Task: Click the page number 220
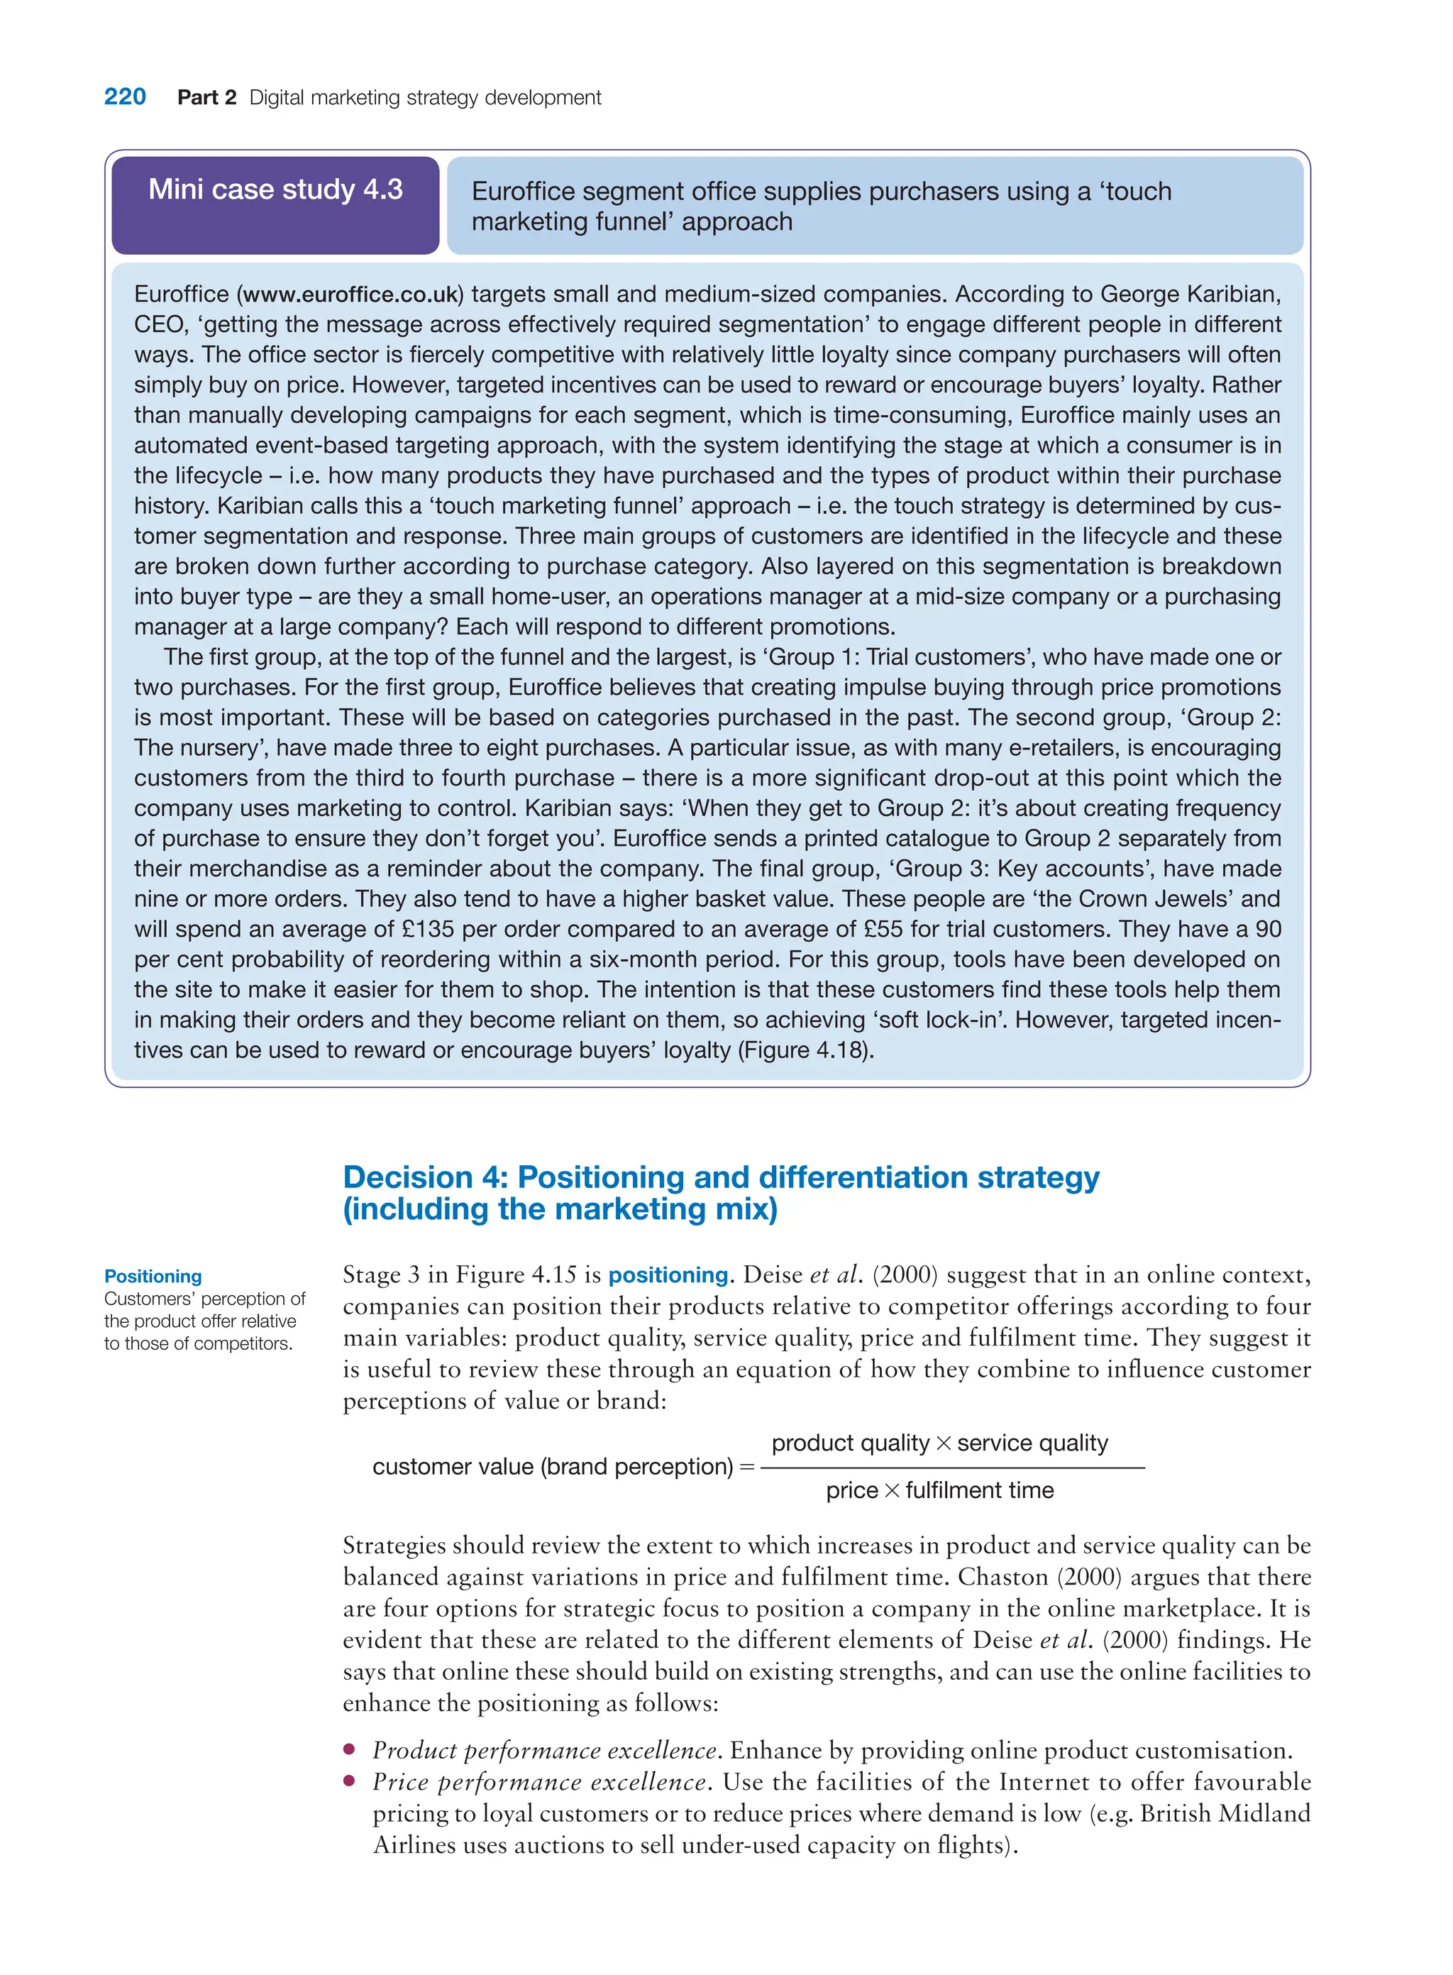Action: (x=125, y=97)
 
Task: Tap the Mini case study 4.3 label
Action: (x=275, y=189)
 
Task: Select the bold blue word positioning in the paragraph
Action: (x=668, y=1275)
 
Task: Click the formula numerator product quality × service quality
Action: (x=939, y=1443)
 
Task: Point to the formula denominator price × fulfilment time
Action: (x=939, y=1491)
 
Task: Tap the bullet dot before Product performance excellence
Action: (x=349, y=1750)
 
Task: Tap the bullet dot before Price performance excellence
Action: (x=349, y=1781)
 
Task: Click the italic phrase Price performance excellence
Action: (x=540, y=1783)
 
